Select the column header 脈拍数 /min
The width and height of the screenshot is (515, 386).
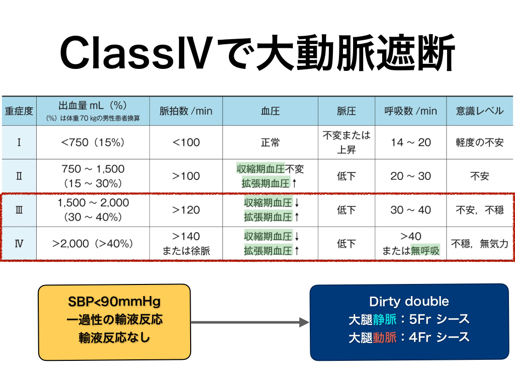pyautogui.click(x=186, y=111)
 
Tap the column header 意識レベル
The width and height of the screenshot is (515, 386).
pyautogui.click(x=479, y=111)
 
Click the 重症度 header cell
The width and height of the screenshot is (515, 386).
pyautogui.click(x=19, y=111)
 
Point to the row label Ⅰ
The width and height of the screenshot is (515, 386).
pyautogui.click(x=19, y=142)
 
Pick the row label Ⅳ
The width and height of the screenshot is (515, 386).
pyautogui.click(x=19, y=244)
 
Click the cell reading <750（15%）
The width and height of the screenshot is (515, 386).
pyautogui.click(x=93, y=142)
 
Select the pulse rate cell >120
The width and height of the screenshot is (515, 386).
pyautogui.click(x=186, y=210)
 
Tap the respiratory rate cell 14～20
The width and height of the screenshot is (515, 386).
pyautogui.click(x=410, y=142)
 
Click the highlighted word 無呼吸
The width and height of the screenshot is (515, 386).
pyautogui.click(x=425, y=251)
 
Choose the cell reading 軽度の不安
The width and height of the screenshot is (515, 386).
pyautogui.click(x=479, y=142)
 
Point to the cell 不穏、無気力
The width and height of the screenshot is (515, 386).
pyautogui.click(x=479, y=244)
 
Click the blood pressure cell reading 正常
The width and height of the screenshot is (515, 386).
pyautogui.click(x=270, y=142)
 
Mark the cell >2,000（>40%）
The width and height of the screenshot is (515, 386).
pyautogui.click(x=93, y=244)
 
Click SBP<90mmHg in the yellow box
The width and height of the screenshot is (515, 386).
pyautogui.click(x=114, y=302)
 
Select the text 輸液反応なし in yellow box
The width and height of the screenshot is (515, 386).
pyautogui.click(x=114, y=337)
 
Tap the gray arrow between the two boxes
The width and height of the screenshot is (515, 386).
pyautogui.click(x=250, y=322)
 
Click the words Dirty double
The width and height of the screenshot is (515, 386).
pyautogui.click(x=409, y=302)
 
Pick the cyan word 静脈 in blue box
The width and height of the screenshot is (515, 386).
pyautogui.click(x=385, y=319)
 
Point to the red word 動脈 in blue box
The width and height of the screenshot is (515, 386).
pyautogui.click(x=385, y=337)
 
